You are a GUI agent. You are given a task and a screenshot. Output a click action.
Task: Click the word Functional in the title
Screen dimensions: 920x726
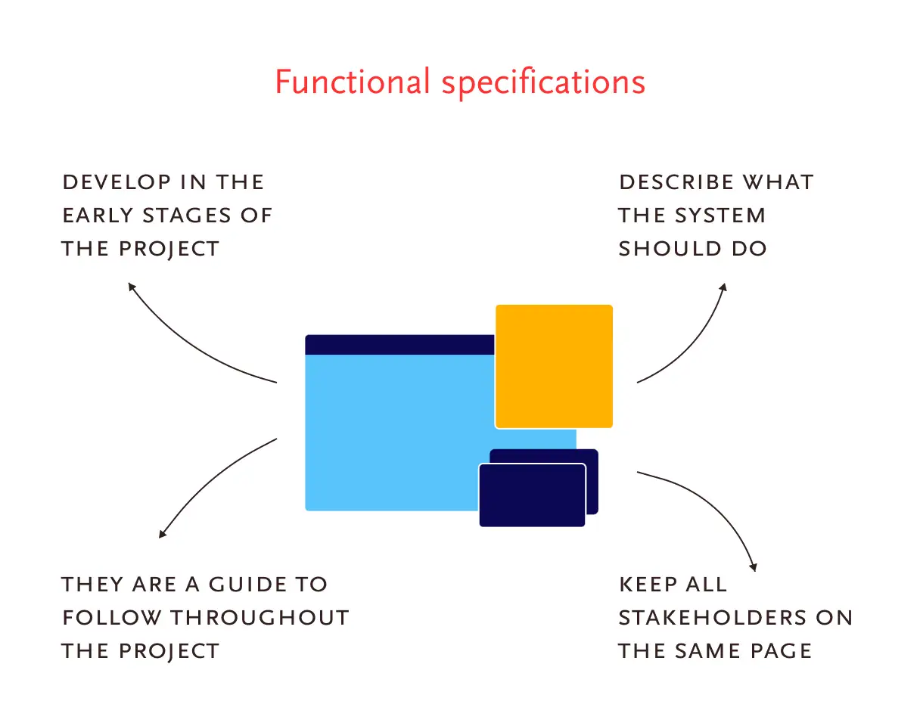click(353, 82)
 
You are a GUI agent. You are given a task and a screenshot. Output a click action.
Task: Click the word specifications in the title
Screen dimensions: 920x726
click(543, 84)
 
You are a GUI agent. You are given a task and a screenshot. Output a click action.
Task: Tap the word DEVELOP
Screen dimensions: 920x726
click(117, 182)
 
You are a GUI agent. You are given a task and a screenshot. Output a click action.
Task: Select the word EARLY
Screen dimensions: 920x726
click(98, 216)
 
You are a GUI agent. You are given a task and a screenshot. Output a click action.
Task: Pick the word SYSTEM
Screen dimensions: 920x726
click(720, 216)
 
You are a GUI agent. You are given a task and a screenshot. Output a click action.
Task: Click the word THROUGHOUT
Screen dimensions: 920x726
click(260, 618)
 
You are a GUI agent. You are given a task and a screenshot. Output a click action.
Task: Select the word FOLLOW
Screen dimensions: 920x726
click(112, 618)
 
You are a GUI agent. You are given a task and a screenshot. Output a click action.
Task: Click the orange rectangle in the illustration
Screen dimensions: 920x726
click(554, 366)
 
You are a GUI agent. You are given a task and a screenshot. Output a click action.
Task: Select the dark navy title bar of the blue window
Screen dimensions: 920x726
click(399, 345)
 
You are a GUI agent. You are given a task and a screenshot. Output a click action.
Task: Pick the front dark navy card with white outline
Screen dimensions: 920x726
click(532, 495)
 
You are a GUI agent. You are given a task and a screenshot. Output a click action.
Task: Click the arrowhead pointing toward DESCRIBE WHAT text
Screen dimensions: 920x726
click(723, 287)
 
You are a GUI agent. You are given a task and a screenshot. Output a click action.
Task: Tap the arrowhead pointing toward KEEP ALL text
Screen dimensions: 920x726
click(754, 567)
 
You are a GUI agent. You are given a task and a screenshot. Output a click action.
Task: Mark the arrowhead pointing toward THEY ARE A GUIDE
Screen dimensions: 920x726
click(163, 534)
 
